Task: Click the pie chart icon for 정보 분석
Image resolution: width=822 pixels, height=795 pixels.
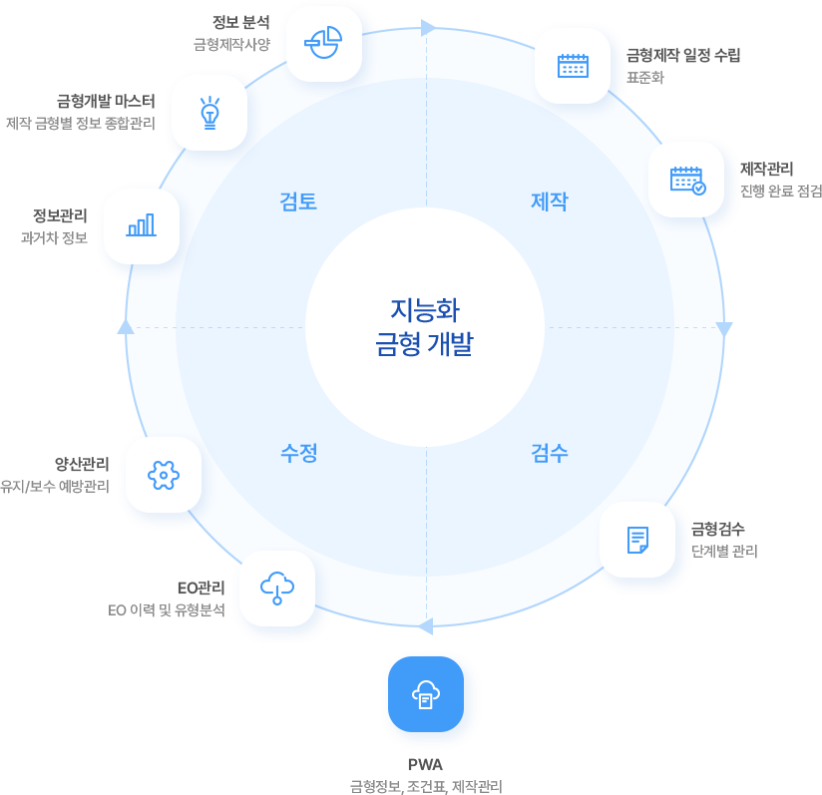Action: (x=322, y=43)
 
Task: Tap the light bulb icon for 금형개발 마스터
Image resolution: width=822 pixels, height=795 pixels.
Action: (x=208, y=112)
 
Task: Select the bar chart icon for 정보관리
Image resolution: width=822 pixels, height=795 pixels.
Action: (x=142, y=225)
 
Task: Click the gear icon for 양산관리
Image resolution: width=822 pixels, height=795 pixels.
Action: (x=163, y=475)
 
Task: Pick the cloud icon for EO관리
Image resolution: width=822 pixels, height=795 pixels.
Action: (x=276, y=588)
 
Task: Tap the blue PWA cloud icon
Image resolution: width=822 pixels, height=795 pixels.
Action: (x=425, y=694)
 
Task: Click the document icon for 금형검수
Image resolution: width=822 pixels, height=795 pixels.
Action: (x=637, y=540)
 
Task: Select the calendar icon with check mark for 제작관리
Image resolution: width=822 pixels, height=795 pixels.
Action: (x=686, y=180)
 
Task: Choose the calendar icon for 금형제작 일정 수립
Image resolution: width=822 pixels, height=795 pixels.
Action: (x=573, y=66)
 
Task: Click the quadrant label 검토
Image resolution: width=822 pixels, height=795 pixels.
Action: (x=298, y=201)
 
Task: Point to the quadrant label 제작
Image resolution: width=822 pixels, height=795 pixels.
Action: (x=550, y=201)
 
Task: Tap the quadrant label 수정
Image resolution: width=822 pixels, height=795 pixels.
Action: (x=298, y=453)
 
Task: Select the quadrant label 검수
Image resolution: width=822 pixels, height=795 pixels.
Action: (x=550, y=453)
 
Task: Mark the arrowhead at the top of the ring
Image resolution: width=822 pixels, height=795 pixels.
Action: (x=428, y=28)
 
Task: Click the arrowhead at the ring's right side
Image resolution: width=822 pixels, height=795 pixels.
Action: (x=725, y=329)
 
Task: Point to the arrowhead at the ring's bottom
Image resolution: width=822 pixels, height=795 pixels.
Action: (x=425, y=626)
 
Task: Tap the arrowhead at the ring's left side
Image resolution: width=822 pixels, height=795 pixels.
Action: (x=125, y=325)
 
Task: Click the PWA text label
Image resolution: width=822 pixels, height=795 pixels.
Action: (x=425, y=765)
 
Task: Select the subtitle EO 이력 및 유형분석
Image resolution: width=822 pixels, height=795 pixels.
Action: (x=167, y=609)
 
